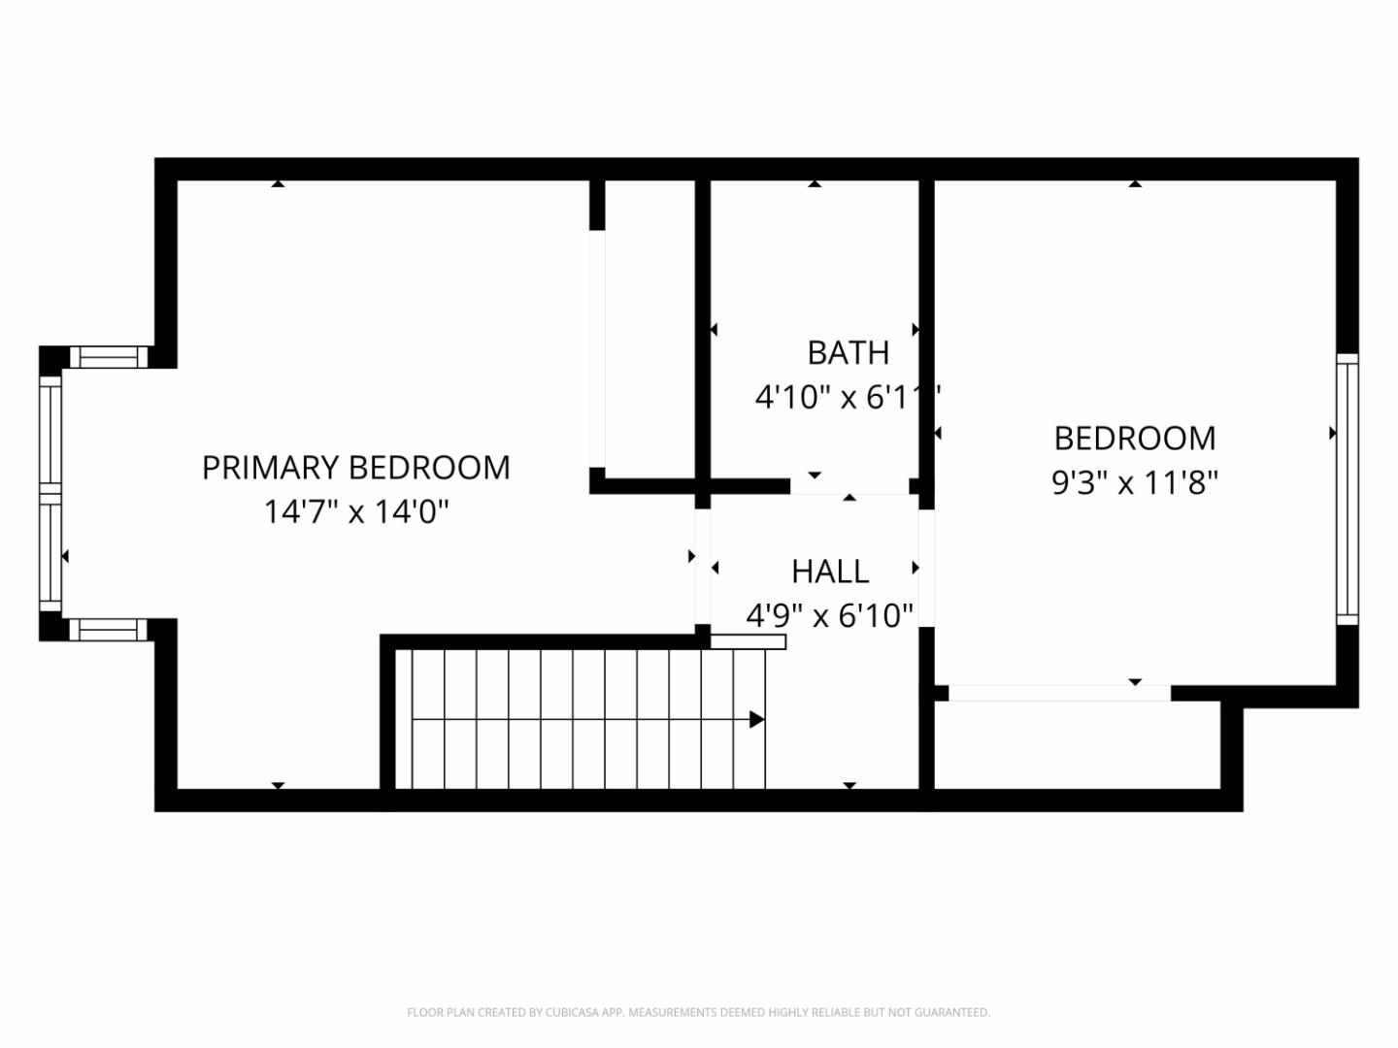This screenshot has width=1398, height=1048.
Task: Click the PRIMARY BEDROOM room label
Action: coord(355,468)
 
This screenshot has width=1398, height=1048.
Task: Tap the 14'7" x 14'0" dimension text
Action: coord(355,511)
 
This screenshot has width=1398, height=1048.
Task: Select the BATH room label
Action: coord(848,353)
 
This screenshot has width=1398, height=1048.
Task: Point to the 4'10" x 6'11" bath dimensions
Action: coord(848,397)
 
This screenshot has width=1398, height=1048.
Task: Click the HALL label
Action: coord(830,572)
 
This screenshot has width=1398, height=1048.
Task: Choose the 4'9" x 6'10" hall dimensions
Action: coord(830,615)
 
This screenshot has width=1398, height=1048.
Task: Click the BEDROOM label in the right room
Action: coord(1134,439)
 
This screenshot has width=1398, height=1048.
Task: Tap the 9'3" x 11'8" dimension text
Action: coord(1134,482)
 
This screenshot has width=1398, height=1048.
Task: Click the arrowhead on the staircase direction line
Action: coord(756,720)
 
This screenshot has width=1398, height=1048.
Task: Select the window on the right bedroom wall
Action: coord(1347,489)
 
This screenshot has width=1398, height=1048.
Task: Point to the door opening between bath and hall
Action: coord(849,487)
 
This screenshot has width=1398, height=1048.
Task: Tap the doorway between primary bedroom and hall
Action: coord(702,567)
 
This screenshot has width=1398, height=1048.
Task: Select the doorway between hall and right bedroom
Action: coord(926,568)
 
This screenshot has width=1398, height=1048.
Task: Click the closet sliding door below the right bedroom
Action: coord(1058,693)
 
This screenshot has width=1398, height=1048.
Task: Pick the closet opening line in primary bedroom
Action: coord(597,349)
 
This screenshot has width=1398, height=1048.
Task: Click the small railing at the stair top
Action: coord(748,641)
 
